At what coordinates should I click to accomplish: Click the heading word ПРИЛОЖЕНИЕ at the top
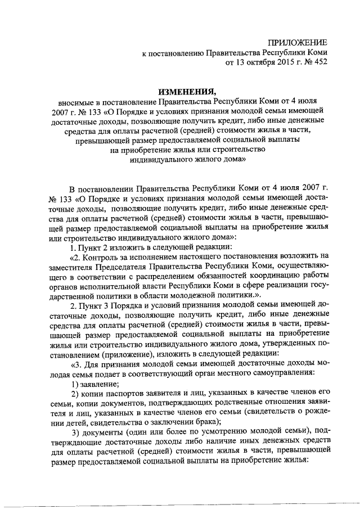pos(297,43)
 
